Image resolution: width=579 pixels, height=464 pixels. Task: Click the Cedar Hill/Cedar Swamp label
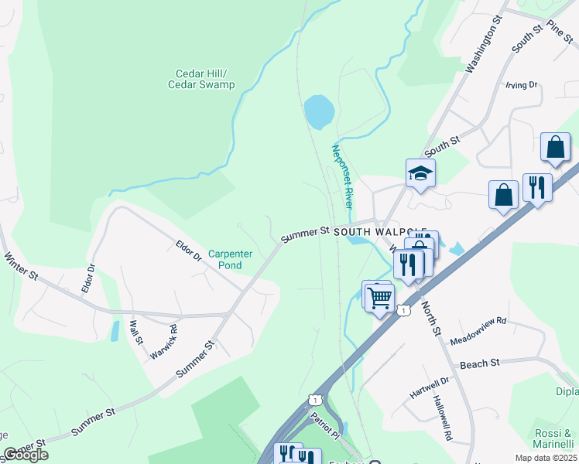tap(201, 80)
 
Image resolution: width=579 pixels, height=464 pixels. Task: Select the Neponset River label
tap(342, 176)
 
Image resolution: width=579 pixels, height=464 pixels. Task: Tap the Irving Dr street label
tap(521, 85)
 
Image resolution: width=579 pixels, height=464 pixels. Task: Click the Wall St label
tap(136, 333)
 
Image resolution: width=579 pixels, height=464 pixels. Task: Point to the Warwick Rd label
tap(163, 339)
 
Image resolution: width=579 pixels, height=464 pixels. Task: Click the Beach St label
tap(480, 363)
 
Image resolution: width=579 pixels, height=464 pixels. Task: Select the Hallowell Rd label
tap(442, 418)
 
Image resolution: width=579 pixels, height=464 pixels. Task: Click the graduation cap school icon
tap(420, 174)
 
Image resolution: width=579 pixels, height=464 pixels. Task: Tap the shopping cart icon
tap(380, 296)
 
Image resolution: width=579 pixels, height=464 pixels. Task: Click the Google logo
tap(26, 455)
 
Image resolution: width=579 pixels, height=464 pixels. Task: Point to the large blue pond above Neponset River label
tap(319, 112)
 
